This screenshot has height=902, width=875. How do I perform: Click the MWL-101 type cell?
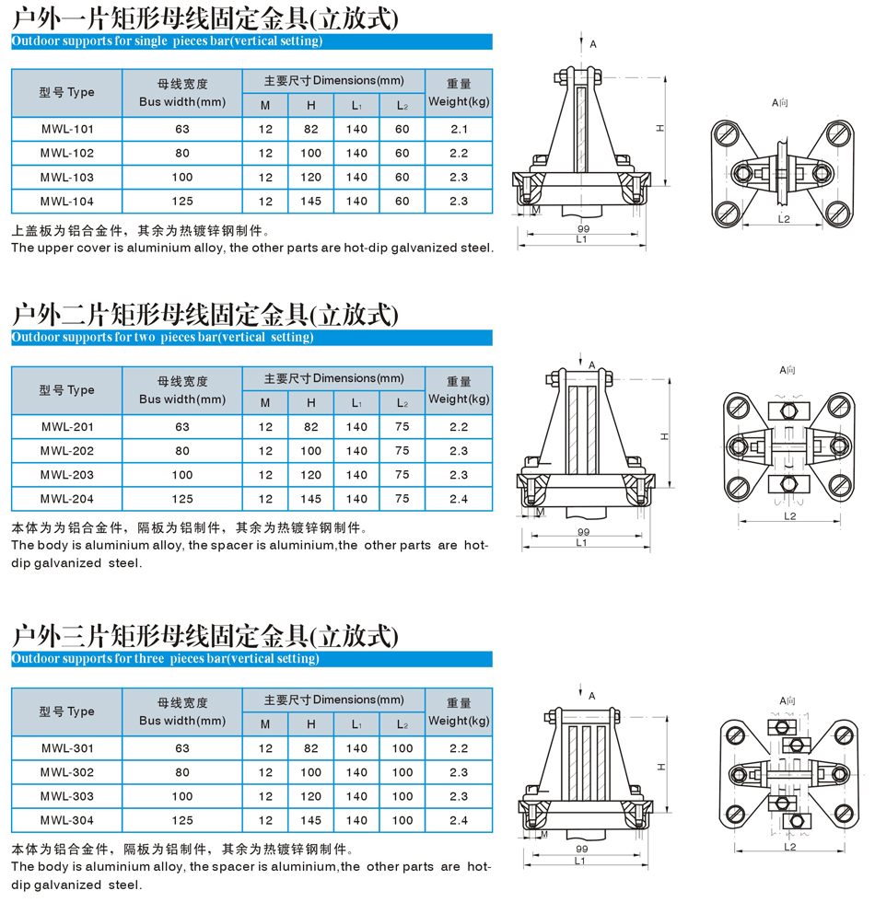click(x=66, y=129)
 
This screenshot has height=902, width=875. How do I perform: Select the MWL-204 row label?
click(x=66, y=499)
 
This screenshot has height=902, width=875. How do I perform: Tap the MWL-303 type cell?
click(x=66, y=796)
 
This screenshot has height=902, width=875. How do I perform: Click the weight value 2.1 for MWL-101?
click(x=459, y=129)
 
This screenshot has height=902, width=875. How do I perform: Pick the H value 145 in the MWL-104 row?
click(x=311, y=202)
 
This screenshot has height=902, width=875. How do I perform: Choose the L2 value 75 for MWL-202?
click(x=402, y=451)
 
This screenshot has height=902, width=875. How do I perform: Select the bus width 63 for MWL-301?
click(x=182, y=748)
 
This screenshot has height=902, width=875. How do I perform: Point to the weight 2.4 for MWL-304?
click(x=459, y=820)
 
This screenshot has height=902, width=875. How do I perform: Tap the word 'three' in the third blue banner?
click(x=148, y=658)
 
